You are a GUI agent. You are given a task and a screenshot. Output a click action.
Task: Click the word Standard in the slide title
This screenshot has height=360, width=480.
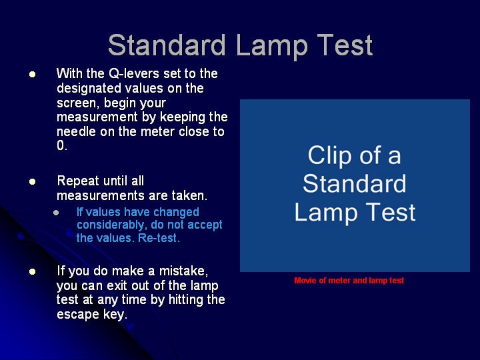pyautogui.click(x=167, y=45)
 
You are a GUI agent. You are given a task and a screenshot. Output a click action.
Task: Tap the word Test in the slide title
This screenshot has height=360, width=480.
pyautogui.click(x=345, y=45)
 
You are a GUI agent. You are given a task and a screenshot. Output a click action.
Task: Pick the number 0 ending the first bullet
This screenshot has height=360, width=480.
pyautogui.click(x=61, y=145)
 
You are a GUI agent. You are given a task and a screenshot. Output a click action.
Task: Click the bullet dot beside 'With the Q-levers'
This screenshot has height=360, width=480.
pyautogui.click(x=32, y=74)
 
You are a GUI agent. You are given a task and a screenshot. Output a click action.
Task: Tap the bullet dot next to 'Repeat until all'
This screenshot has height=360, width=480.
pyautogui.click(x=32, y=181)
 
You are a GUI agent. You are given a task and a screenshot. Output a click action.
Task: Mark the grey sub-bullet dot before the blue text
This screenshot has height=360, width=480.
pyautogui.click(x=56, y=213)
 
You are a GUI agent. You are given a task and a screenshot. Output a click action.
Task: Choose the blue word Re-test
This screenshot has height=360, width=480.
pyautogui.click(x=158, y=238)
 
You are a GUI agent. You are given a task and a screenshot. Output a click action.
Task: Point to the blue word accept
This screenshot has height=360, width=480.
pyautogui.click(x=205, y=225)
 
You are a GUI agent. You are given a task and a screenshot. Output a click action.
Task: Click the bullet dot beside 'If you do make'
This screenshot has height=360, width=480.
pyautogui.click(x=32, y=271)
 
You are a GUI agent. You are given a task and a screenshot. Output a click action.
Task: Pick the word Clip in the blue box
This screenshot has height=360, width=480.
pyautogui.click(x=329, y=156)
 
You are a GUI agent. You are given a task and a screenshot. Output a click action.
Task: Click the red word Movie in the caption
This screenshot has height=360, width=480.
pyautogui.click(x=305, y=281)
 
